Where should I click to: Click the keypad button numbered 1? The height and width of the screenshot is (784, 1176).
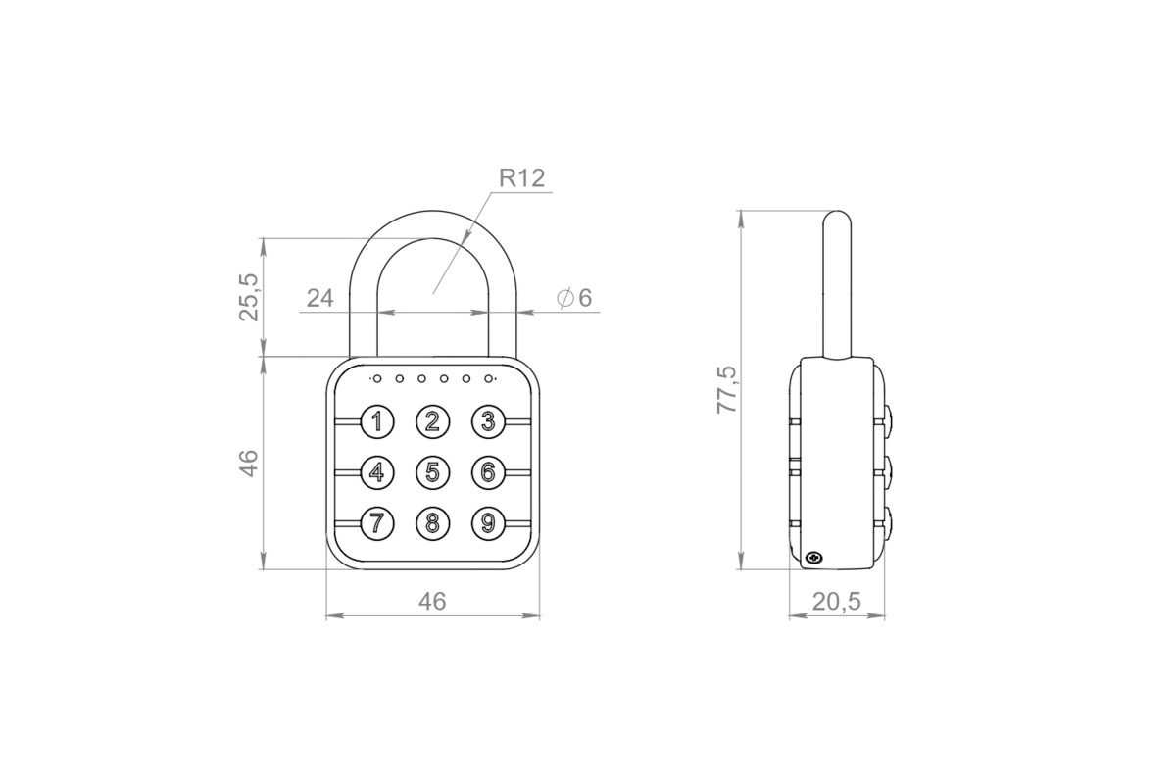[377, 421]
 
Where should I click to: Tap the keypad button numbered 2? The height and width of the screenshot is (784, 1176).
[432, 421]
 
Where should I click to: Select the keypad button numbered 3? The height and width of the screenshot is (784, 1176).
[488, 421]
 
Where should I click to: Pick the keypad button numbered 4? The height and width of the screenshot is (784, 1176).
[377, 472]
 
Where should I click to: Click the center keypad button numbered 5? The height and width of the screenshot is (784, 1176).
[432, 472]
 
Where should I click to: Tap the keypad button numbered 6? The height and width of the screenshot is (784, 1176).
[488, 472]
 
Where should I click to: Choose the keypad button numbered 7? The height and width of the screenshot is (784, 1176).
[377, 523]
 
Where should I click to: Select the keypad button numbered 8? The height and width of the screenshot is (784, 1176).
[432, 523]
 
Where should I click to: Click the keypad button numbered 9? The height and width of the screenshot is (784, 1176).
[488, 523]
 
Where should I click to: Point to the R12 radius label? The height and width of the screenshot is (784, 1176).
[521, 178]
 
